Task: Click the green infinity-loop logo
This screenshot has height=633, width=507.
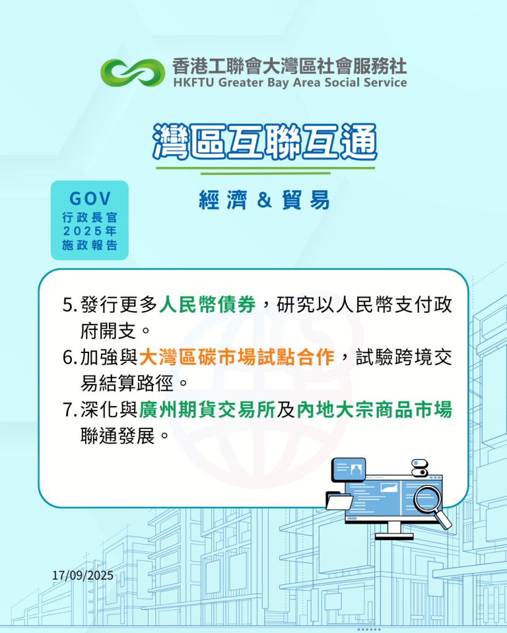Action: click(132, 73)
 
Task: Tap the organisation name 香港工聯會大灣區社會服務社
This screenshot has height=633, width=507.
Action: click(290, 66)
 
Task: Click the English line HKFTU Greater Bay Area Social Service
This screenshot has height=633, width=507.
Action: click(290, 82)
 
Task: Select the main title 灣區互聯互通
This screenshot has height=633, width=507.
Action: click(265, 142)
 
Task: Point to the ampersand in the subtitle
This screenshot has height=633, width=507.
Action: click(264, 200)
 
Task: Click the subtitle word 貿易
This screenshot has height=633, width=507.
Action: click(306, 200)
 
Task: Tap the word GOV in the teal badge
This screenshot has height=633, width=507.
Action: click(90, 198)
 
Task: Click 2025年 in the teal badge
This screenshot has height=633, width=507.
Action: click(90, 231)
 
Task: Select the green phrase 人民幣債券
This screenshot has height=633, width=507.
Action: click(207, 305)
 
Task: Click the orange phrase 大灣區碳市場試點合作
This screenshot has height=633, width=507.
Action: click(236, 357)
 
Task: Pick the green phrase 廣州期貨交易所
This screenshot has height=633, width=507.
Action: click(207, 410)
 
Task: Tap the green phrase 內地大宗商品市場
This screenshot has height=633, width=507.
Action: click(375, 410)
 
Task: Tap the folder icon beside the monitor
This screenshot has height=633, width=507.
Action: click(339, 501)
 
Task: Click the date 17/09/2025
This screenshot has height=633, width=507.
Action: click(82, 576)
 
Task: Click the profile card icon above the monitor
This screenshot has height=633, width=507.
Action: click(349, 469)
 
